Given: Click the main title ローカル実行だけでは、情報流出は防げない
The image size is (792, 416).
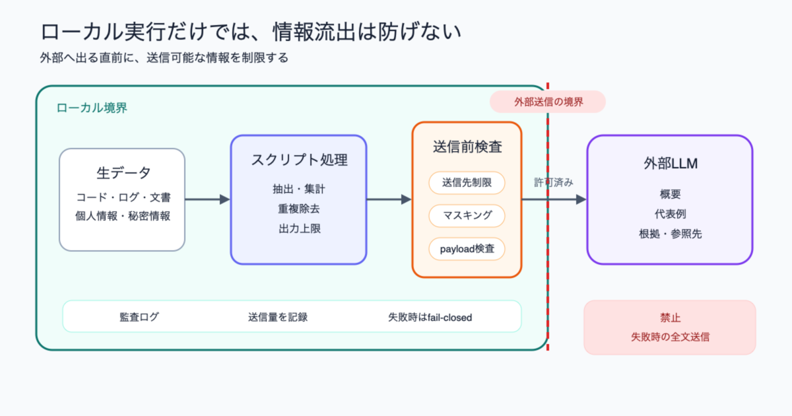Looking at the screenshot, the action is click(251, 32).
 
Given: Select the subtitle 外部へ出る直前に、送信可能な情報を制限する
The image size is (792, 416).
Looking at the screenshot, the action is click(164, 57).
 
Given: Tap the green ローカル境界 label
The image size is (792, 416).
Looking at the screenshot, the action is click(92, 108).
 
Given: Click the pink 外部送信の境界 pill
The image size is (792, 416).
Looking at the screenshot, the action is click(548, 102).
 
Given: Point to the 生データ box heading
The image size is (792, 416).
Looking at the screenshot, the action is click(123, 173).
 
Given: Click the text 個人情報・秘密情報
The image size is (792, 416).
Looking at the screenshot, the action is click(123, 216).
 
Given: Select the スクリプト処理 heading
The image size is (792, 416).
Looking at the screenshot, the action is click(299, 160).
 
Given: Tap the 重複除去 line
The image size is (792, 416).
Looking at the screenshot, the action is click(299, 209).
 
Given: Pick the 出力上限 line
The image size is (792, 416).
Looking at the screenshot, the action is click(300, 228).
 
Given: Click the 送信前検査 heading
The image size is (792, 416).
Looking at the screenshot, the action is click(467, 147).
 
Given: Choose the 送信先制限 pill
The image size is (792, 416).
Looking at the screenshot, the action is click(467, 183).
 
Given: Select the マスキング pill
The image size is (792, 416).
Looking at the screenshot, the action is click(467, 215).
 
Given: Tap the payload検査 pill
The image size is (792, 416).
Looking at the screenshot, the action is click(467, 249).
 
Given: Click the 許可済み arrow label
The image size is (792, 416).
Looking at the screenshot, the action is click(553, 182).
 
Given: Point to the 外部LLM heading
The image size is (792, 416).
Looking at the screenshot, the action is click(671, 164).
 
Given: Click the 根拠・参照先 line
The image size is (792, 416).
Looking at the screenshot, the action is click(671, 234).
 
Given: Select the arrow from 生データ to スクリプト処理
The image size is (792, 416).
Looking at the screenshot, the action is click(207, 199).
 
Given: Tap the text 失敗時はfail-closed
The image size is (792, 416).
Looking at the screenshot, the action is click(430, 318).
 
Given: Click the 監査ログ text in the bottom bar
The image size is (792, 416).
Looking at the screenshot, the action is click(139, 317).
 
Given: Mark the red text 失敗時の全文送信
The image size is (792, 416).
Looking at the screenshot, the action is click(670, 337).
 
